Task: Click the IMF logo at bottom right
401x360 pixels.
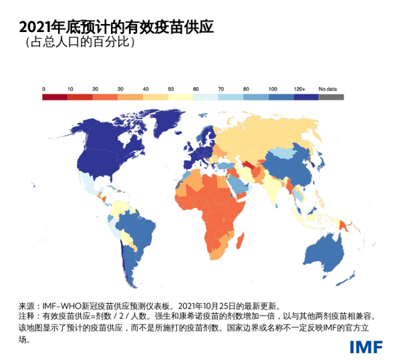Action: (x=366, y=347)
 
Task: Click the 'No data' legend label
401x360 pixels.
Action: (x=327, y=89)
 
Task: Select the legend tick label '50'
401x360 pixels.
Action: (x=171, y=89)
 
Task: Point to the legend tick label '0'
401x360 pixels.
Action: (x=44, y=89)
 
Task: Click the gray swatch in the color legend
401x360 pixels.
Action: (x=331, y=97)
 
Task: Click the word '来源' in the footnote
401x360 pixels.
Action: (x=25, y=302)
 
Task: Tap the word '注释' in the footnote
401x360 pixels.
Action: (x=25, y=314)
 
